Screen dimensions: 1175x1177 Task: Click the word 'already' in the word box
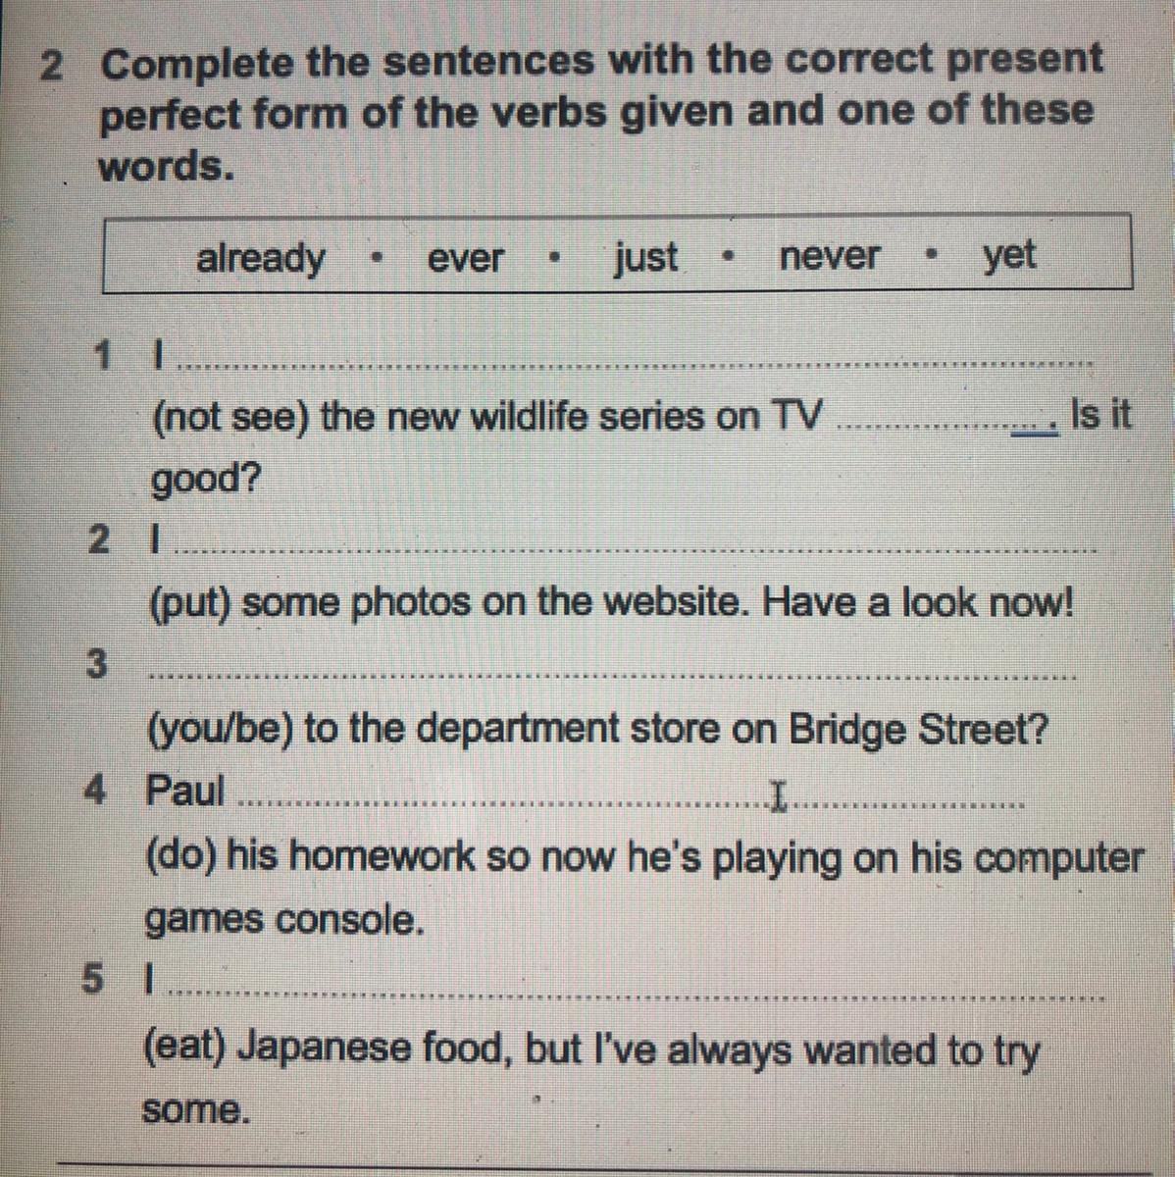[x=260, y=259]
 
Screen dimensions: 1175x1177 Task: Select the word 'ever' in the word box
[x=465, y=258]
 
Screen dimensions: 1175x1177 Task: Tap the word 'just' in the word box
[x=645, y=258]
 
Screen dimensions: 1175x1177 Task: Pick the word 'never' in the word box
[x=829, y=256]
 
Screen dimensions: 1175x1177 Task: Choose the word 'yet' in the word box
[x=1009, y=256]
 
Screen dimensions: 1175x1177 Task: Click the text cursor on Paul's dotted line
[x=777, y=795]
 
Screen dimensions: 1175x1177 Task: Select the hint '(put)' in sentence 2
[x=190, y=604]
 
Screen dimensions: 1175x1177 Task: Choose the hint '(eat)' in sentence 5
[x=184, y=1047]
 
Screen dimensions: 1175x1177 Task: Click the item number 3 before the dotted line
[x=96, y=664]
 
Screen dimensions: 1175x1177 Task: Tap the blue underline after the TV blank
[x=1035, y=434]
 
